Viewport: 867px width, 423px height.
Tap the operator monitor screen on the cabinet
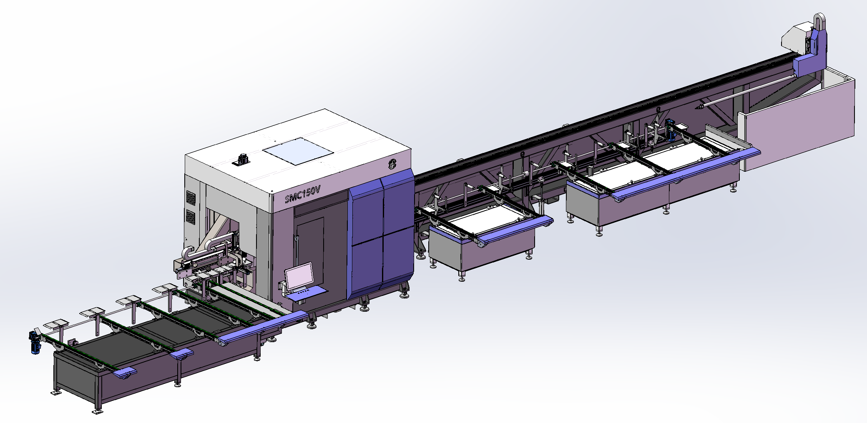[299, 275]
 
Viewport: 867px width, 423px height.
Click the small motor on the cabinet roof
[242, 159]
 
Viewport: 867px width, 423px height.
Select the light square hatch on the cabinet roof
[298, 151]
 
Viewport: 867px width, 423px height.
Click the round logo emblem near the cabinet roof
[393, 164]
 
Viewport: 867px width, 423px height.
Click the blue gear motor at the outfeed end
[35, 342]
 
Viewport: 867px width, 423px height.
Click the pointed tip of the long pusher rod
[698, 108]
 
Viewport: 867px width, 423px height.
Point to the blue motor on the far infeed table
[671, 131]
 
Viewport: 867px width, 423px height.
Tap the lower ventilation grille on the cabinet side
[191, 217]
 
